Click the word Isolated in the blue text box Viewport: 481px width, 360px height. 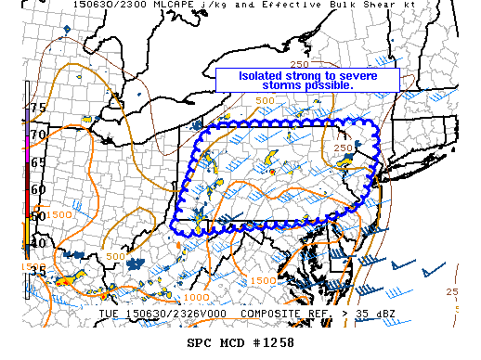coord(262,75)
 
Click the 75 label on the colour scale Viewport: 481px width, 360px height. coord(38,108)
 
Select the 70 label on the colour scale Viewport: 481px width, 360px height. coord(38,135)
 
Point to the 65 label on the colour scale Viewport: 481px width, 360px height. coord(38,161)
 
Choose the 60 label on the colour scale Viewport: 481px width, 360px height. coord(38,189)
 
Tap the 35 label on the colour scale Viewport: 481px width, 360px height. coord(38,271)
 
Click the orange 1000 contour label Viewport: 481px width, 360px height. coord(196,297)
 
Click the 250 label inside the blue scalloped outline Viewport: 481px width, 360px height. coord(343,148)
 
